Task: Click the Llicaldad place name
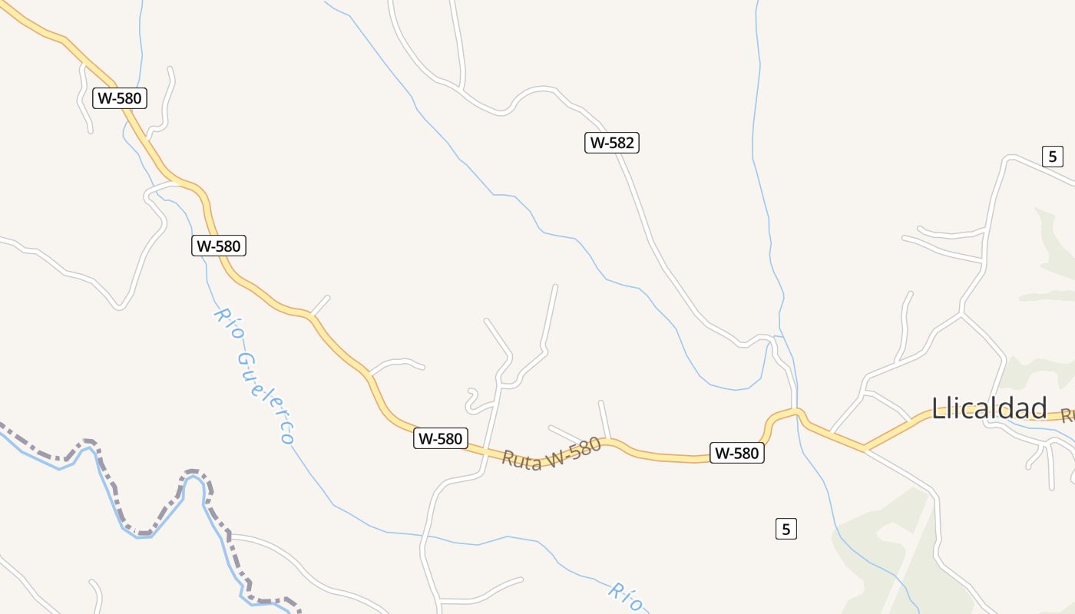click(989, 408)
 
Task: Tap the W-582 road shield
click(612, 143)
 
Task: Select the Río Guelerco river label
click(254, 376)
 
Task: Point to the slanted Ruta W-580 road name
click(551, 453)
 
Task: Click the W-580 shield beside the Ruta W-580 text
click(441, 438)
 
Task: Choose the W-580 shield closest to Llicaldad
click(736, 453)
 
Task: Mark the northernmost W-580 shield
click(120, 98)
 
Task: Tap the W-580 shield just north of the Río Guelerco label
click(219, 246)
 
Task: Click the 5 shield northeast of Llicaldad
click(1052, 157)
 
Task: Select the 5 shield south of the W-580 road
click(785, 529)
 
